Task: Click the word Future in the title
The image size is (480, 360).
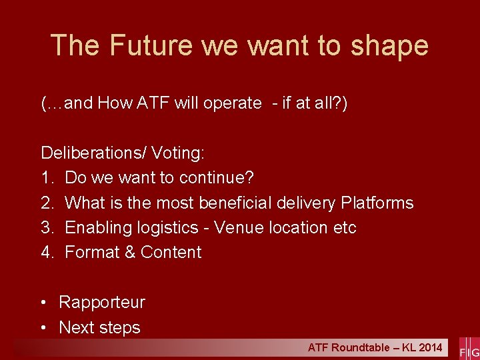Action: pos(152,45)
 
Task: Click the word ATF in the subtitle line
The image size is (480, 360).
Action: pos(153,103)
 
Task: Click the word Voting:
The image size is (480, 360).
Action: pos(178,153)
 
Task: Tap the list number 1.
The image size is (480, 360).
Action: pos(47,178)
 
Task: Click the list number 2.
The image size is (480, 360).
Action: pos(47,203)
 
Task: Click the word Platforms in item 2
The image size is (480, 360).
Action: pos(377,203)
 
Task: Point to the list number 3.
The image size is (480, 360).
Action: pos(47,227)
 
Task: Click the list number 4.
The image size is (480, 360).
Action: pos(47,252)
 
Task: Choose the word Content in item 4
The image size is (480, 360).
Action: pos(171,252)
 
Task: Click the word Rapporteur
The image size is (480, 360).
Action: pos(102,302)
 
